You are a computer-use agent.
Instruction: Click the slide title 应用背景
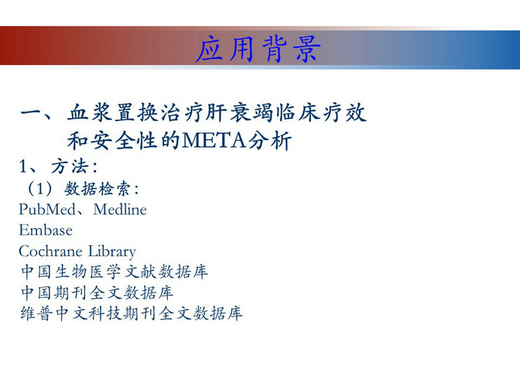[x=258, y=50]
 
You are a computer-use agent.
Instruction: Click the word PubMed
[x=47, y=210]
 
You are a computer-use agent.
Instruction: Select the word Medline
[x=120, y=210]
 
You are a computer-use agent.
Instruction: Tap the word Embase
[x=46, y=230]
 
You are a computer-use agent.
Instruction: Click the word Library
[x=112, y=251]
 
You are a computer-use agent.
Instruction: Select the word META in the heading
[x=214, y=141]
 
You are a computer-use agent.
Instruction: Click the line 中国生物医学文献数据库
[x=115, y=272]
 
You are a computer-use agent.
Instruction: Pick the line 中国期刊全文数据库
[x=97, y=292]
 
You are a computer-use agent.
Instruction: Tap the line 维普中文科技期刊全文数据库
[x=132, y=313]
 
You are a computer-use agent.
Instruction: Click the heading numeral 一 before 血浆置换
[x=32, y=112]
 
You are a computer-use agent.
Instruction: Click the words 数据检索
[x=97, y=189]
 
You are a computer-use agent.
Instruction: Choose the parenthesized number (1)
[x=40, y=189]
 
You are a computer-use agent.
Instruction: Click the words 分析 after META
[x=269, y=141]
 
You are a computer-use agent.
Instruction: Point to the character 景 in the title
[x=307, y=50]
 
